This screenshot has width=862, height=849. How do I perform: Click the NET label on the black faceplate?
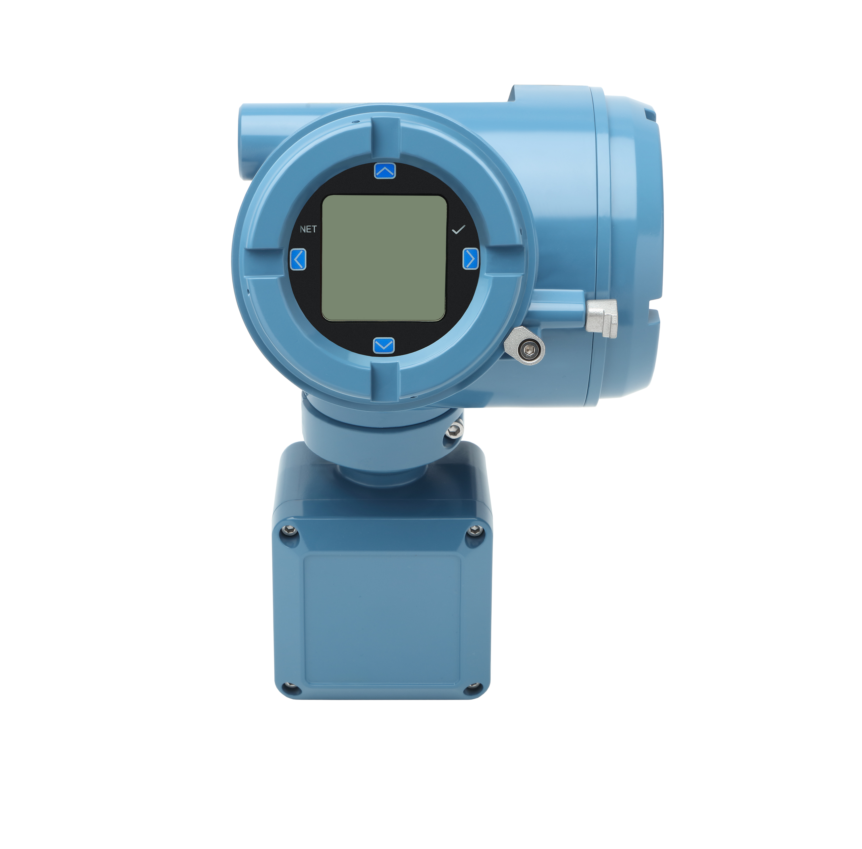(x=308, y=229)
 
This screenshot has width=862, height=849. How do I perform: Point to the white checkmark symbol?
(x=458, y=230)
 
